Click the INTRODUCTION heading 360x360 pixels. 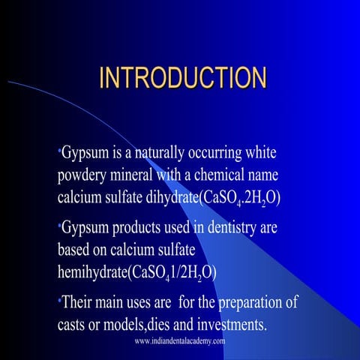coord(183,77)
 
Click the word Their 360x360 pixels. coord(79,304)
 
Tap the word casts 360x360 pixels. coord(74,325)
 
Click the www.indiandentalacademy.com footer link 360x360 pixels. coord(180,341)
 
